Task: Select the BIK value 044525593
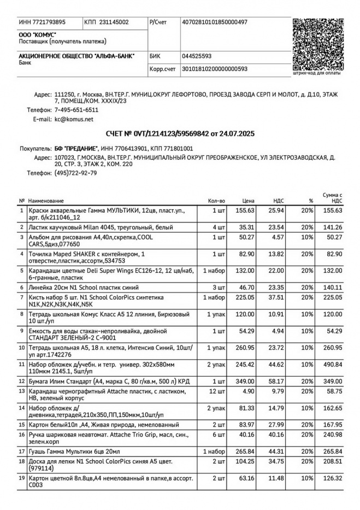(x=197, y=56)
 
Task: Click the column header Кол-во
(x=216, y=201)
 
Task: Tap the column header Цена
(x=249, y=201)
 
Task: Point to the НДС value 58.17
(x=275, y=380)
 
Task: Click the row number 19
(x=22, y=478)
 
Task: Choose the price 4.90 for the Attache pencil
(x=249, y=391)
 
